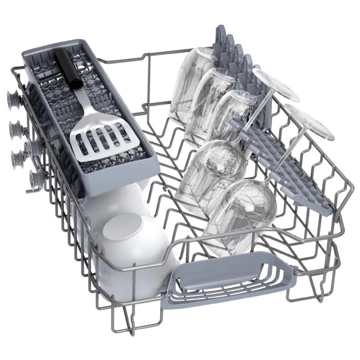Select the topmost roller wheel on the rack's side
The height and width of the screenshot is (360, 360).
click(13, 100)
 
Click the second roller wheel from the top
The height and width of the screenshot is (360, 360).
click(14, 128)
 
